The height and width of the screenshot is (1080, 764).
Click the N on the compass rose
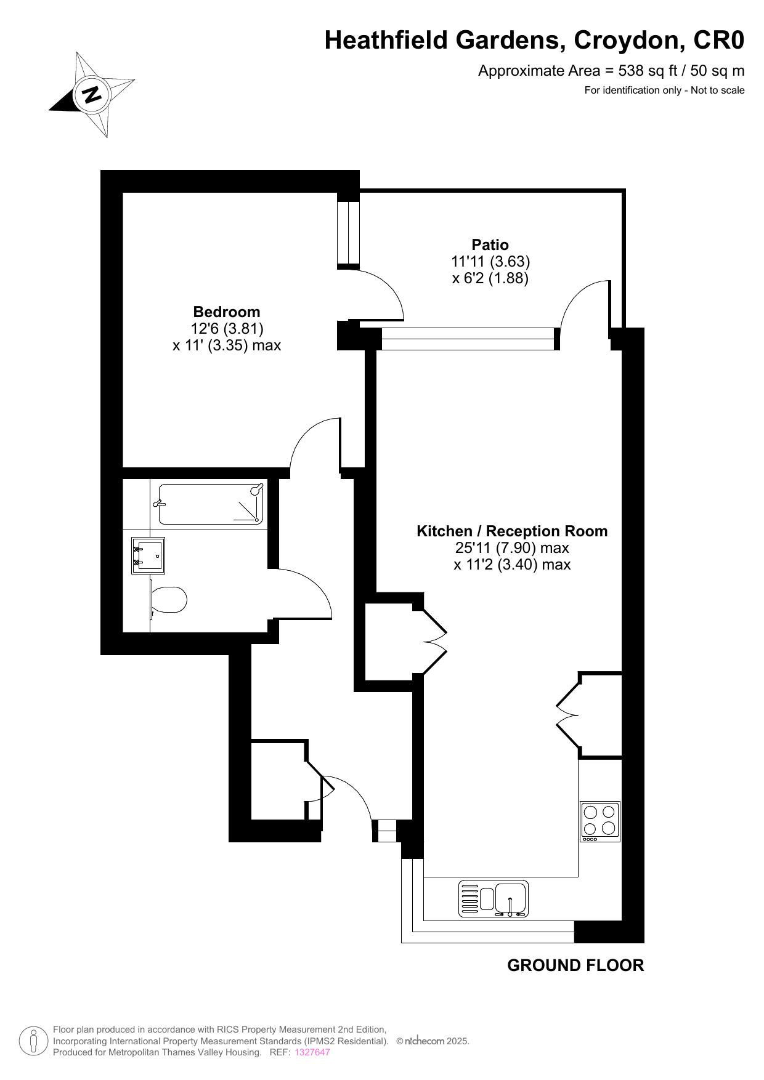coord(92,95)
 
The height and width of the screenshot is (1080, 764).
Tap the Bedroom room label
coord(227,312)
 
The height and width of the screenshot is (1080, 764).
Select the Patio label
coord(490,244)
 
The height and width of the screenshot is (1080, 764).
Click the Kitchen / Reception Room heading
coord(512,531)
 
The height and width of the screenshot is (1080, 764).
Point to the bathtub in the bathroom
coord(211,504)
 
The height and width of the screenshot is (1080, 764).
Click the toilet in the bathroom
coord(168,600)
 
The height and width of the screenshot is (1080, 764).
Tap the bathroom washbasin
coord(148,556)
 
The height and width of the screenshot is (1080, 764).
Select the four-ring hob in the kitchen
coord(599,821)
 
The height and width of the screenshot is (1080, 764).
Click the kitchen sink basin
coord(511,898)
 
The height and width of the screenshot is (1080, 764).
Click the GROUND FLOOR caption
coord(575,965)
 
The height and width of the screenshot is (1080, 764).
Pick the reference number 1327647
coord(312,1052)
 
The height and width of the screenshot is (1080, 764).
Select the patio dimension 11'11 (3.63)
coord(490,262)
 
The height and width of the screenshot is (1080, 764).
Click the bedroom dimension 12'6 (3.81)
coord(227,329)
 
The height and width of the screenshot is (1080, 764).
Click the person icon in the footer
coord(33,1041)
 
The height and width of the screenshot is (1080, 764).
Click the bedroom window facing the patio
coord(348,232)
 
